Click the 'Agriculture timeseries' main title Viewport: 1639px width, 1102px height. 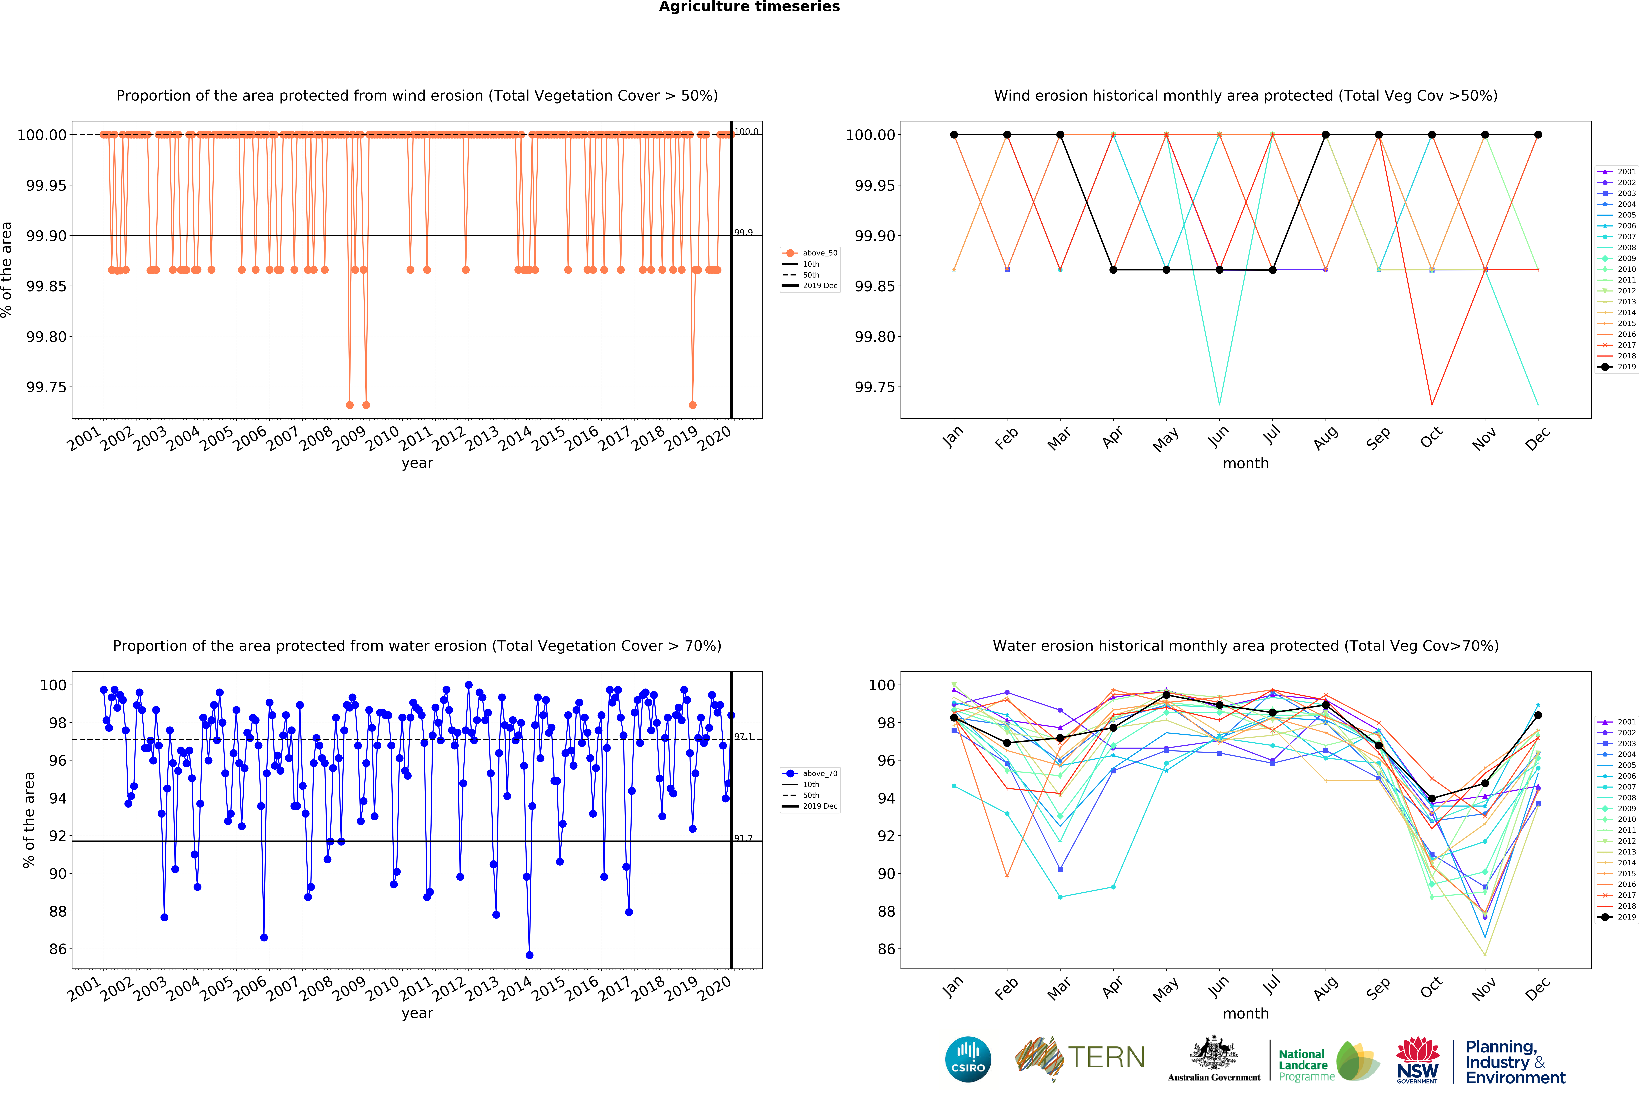click(x=749, y=7)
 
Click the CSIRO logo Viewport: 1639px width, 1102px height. click(x=968, y=1059)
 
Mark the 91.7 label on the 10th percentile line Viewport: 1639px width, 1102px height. click(x=743, y=838)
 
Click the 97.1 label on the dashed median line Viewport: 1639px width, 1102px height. click(x=743, y=737)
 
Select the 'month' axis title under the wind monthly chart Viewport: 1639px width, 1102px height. click(x=1246, y=463)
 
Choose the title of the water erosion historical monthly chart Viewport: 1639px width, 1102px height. click(x=1246, y=646)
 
